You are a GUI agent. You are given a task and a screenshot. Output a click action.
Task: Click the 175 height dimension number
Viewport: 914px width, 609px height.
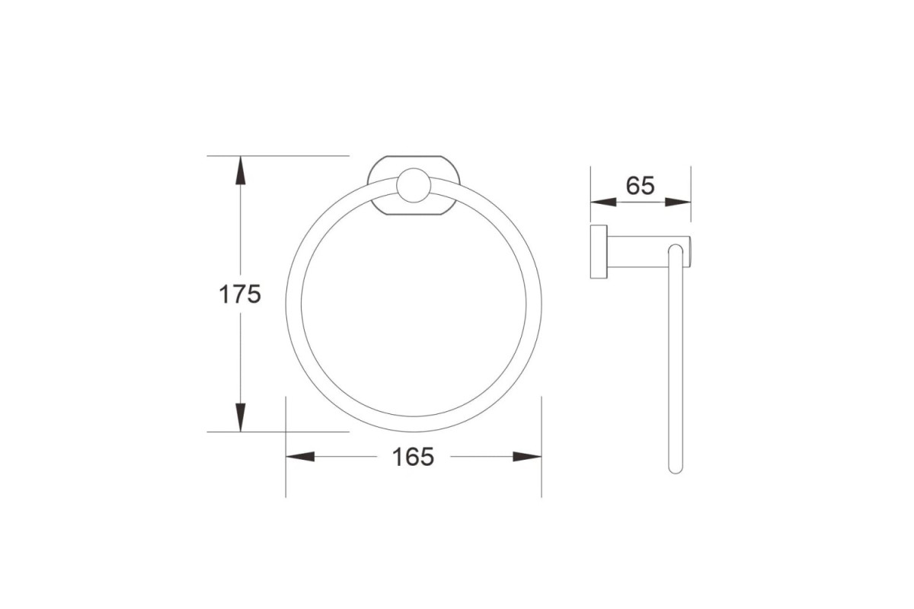240,294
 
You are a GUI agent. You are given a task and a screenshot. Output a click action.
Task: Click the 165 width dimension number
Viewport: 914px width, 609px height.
413,457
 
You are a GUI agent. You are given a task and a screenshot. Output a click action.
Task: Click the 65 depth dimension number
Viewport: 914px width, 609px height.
641,185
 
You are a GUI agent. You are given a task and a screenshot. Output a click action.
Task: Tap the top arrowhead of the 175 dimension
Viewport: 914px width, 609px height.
241,170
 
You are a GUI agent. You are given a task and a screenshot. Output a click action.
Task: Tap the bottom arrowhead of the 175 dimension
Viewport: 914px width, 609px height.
241,417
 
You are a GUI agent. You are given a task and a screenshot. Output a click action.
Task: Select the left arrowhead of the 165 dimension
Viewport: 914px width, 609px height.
300,457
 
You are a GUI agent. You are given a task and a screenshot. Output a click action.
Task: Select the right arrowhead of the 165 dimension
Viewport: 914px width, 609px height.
527,457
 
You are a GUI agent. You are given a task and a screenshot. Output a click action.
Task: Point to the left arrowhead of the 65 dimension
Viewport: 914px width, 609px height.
603,202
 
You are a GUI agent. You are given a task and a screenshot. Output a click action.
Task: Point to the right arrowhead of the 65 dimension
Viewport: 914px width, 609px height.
678,202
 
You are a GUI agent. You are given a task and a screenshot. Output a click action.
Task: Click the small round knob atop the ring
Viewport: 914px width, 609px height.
414,185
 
